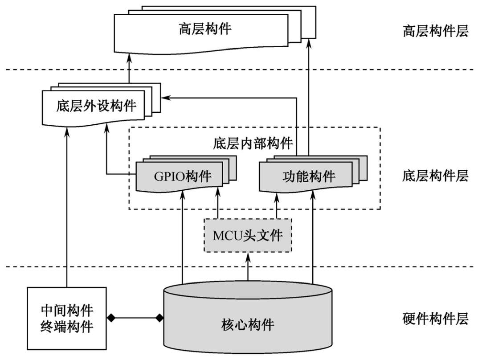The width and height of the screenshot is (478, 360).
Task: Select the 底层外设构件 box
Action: point(96,106)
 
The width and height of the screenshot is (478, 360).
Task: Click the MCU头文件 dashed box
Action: point(248,235)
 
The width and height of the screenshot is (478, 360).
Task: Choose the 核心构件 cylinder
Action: point(248,322)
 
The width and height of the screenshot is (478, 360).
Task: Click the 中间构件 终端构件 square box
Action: point(67,318)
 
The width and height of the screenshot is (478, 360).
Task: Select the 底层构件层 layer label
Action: point(435,176)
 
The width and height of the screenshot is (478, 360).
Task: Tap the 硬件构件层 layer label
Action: point(435,319)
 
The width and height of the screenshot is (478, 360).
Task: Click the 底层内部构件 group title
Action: point(253,144)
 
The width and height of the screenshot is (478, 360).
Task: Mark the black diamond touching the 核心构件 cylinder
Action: point(159,318)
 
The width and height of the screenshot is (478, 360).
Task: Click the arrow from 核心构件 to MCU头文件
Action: point(248,267)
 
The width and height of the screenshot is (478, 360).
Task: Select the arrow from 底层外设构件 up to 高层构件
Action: point(129,69)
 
